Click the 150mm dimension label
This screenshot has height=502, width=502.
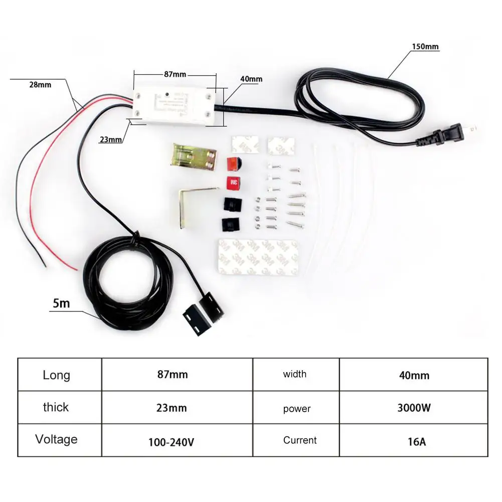click(x=424, y=47)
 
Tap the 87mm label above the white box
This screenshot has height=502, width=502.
click(x=175, y=74)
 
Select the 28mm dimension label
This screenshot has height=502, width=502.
click(x=40, y=85)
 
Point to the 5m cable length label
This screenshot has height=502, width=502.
click(x=61, y=303)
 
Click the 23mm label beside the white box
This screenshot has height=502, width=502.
click(x=110, y=140)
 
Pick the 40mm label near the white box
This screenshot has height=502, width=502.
click(x=251, y=79)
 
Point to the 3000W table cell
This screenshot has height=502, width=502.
click(x=414, y=407)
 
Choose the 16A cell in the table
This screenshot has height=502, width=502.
click(x=414, y=441)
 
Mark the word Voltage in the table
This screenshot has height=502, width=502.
click(x=56, y=440)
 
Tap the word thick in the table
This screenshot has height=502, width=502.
click(x=56, y=407)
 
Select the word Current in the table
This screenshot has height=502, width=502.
click(x=300, y=440)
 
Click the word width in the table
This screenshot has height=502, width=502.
click(x=295, y=374)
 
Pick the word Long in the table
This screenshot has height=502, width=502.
click(x=56, y=375)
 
